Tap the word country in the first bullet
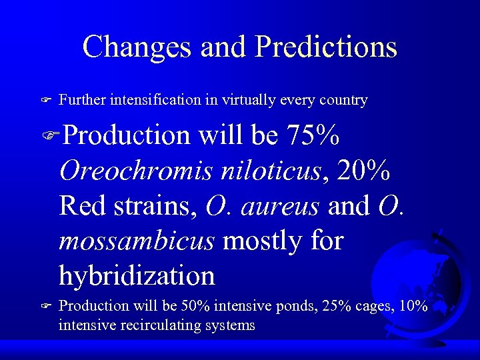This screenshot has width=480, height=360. [344, 101]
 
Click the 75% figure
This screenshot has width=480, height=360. [313, 136]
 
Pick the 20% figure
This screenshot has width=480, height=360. [364, 171]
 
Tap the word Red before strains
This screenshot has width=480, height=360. [81, 206]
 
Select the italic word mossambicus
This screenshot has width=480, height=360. [137, 241]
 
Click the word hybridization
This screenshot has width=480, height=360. [137, 275]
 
